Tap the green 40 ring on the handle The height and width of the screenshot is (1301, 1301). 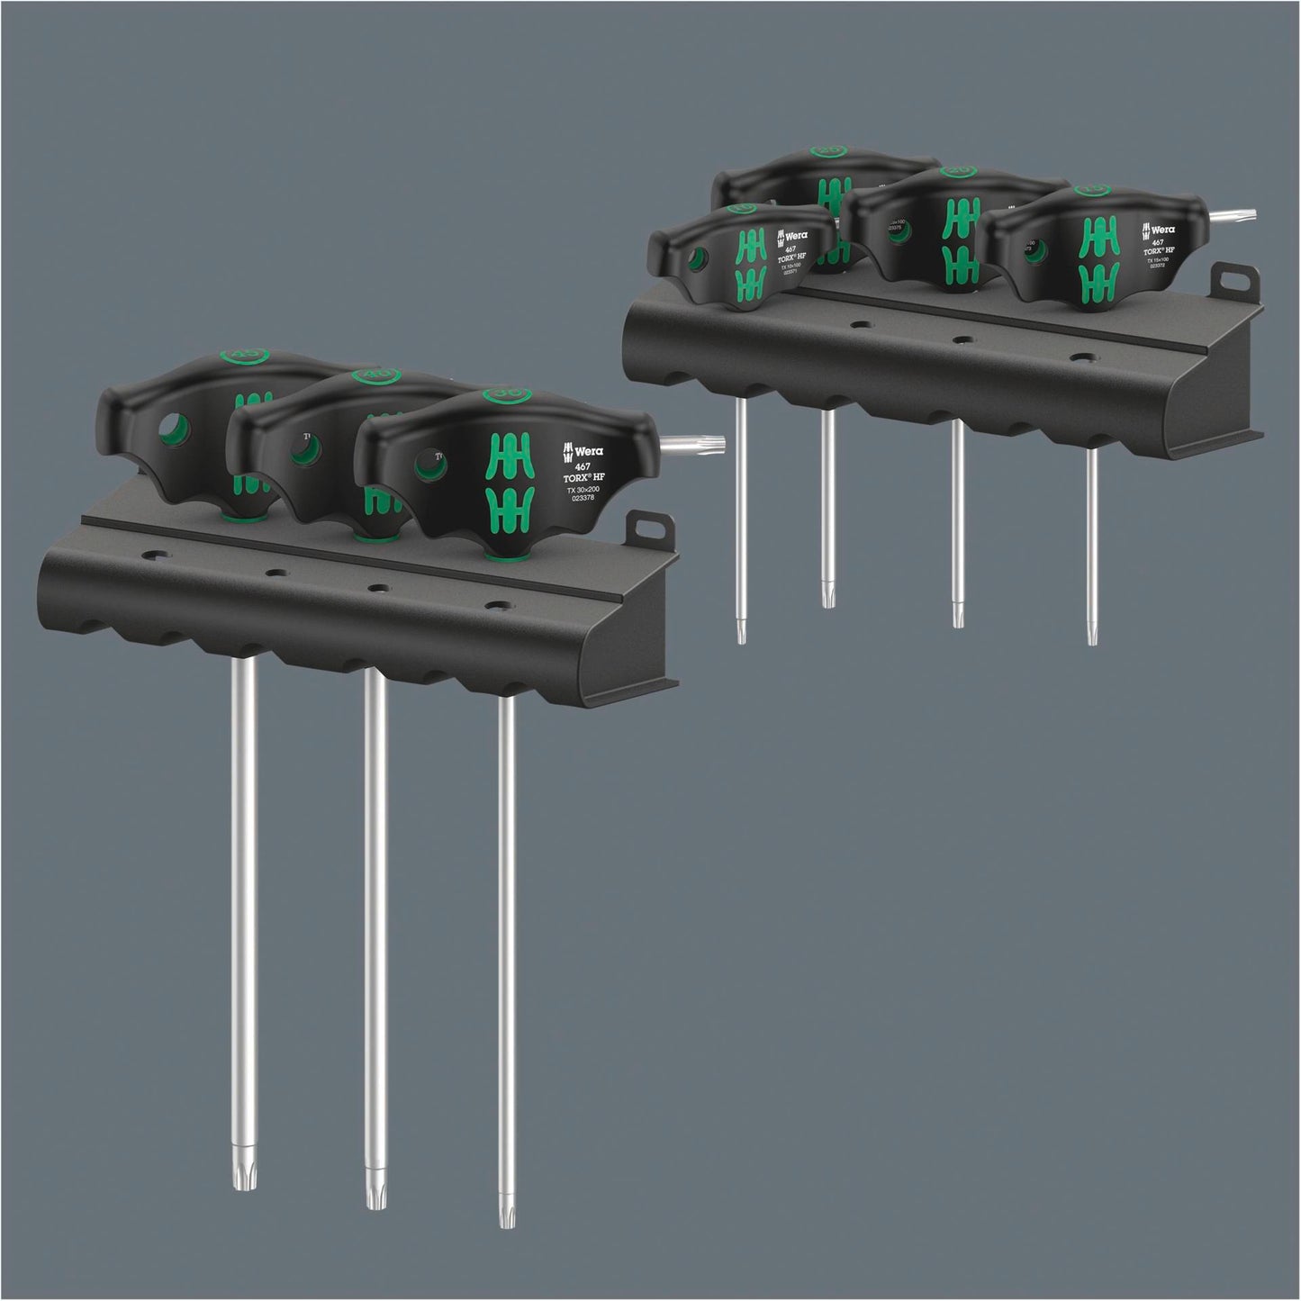point(370,375)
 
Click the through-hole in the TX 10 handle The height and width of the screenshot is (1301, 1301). point(696,261)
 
